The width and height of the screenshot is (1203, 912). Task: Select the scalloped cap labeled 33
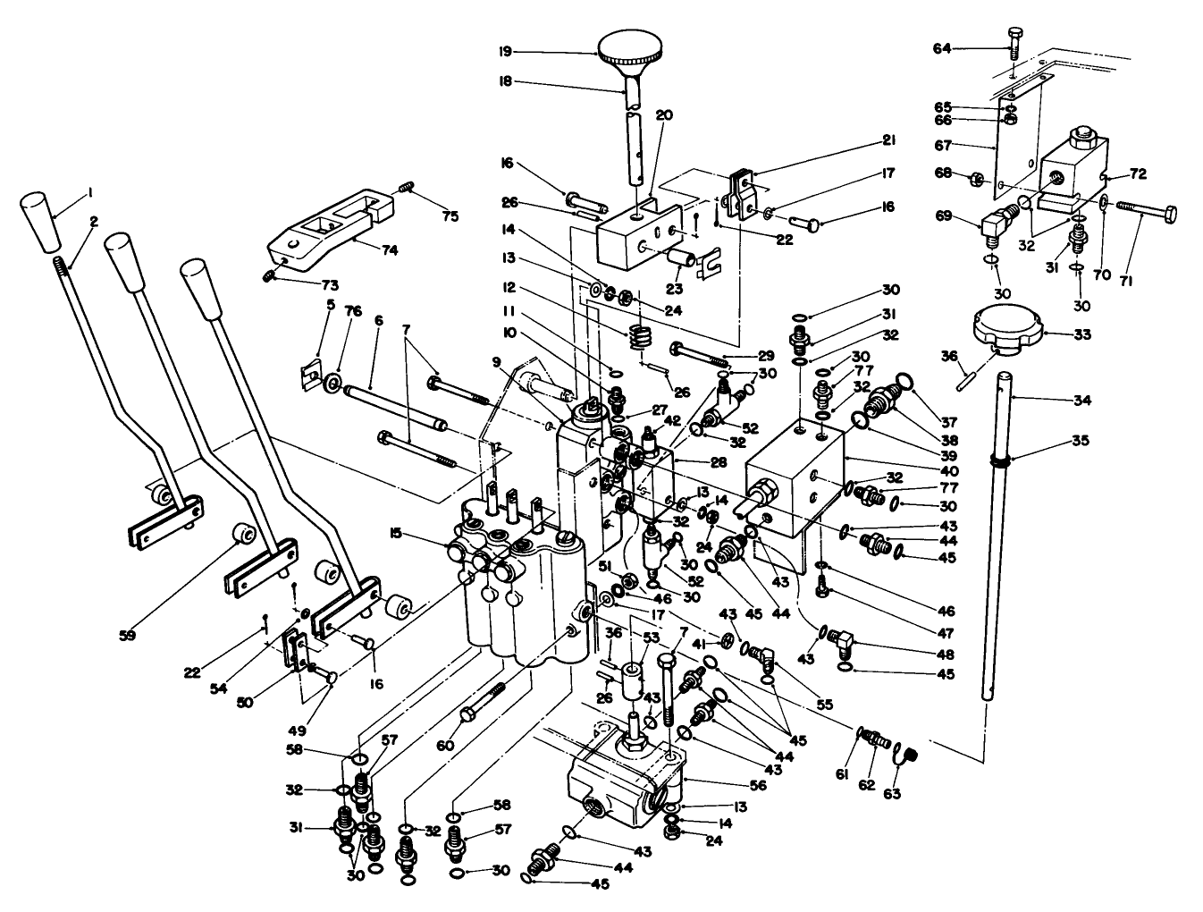[x=1005, y=334]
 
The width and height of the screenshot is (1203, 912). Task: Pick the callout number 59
[x=130, y=636]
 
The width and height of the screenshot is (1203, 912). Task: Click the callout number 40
[x=949, y=470]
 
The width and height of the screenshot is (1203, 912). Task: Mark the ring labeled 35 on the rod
[x=1001, y=461]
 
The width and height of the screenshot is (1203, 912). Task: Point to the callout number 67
[x=945, y=145]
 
